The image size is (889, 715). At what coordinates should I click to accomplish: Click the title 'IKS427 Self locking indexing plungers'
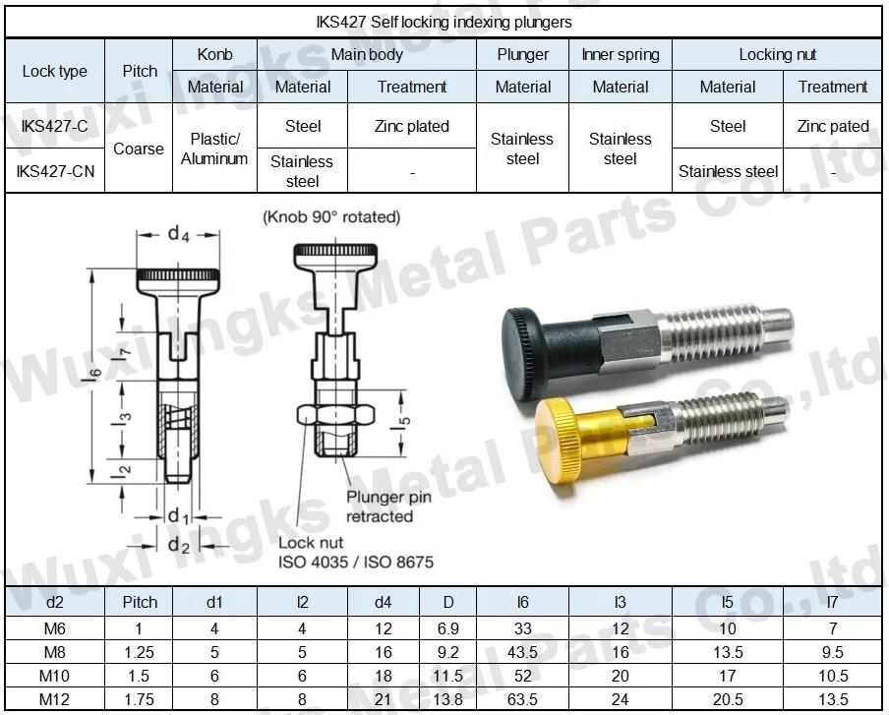[x=444, y=21]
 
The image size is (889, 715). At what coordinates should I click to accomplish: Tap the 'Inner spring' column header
[x=621, y=55]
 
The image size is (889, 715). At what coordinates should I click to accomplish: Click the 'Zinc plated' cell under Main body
[x=412, y=126]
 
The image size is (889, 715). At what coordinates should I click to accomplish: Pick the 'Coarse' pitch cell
[x=139, y=149]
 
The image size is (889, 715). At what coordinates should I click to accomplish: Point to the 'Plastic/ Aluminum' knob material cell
[x=214, y=149]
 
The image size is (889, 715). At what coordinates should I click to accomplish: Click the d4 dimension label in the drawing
[x=177, y=233]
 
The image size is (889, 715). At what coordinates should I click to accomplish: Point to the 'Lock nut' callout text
[x=311, y=542]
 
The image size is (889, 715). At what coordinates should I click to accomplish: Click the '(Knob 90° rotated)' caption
[x=331, y=216]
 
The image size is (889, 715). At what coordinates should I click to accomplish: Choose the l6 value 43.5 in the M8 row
[x=523, y=653]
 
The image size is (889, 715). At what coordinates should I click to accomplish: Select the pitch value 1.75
[x=139, y=700]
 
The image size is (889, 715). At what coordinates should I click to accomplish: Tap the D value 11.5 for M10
[x=447, y=677]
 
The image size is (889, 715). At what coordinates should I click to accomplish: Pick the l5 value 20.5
[x=728, y=700]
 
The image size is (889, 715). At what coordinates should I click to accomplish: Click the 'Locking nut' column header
[x=777, y=55]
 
